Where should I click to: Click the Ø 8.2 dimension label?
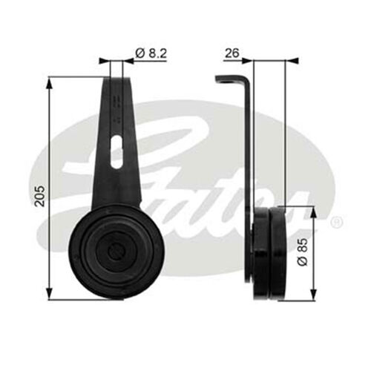tap(152, 53)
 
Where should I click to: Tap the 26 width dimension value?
tap(232, 53)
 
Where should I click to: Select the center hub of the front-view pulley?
tap(116, 251)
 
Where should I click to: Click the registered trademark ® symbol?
tap(336, 221)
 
